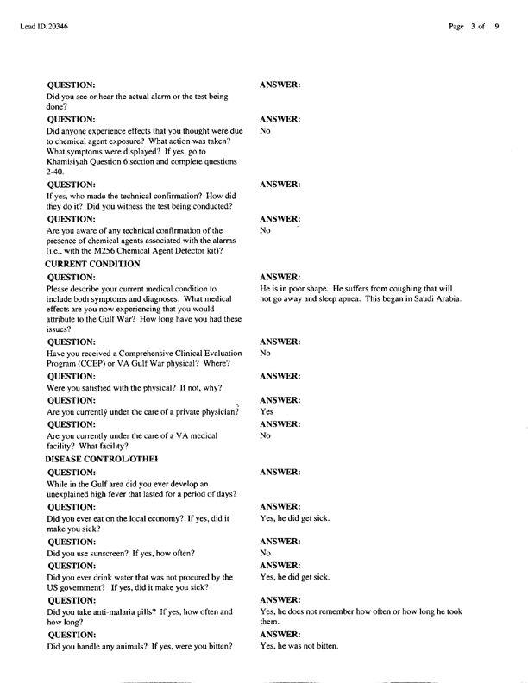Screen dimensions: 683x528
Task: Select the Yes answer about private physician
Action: coord(267,412)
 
